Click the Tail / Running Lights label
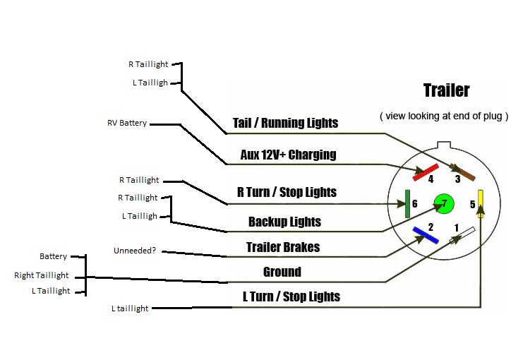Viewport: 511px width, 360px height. [285, 123]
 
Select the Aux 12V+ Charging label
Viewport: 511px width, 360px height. [288, 155]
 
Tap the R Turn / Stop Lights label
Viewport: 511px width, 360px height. [287, 192]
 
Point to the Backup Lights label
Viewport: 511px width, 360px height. [284, 222]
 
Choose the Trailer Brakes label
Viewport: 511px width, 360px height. [282, 247]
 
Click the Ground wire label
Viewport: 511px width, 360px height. [282, 272]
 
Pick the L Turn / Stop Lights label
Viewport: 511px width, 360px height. [287, 296]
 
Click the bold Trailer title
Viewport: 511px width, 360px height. [446, 90]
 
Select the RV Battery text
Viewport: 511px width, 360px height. [127, 123]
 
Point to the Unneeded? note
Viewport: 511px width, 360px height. [135, 251]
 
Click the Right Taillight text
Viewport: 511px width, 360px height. [42, 275]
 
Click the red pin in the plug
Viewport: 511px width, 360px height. [426, 172]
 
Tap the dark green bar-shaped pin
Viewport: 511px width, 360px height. [407, 203]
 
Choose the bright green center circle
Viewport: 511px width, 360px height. [443, 203]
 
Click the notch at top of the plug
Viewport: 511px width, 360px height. [444, 146]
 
